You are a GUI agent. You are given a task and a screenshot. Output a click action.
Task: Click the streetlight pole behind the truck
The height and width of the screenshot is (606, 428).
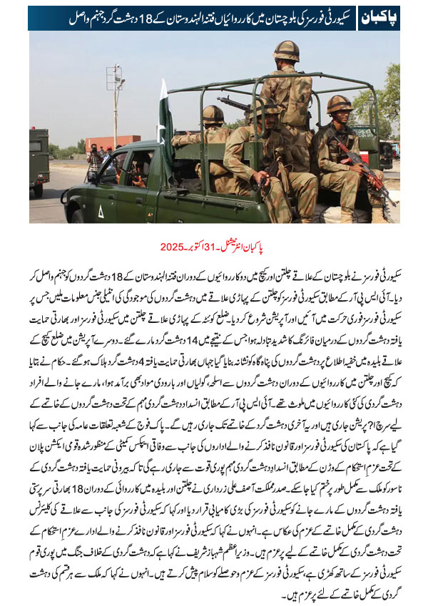[115, 107]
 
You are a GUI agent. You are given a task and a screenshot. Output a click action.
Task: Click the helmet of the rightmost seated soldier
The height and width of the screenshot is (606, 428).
[340, 104]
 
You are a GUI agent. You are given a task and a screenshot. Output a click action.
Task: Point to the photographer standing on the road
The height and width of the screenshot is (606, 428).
[94, 160]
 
